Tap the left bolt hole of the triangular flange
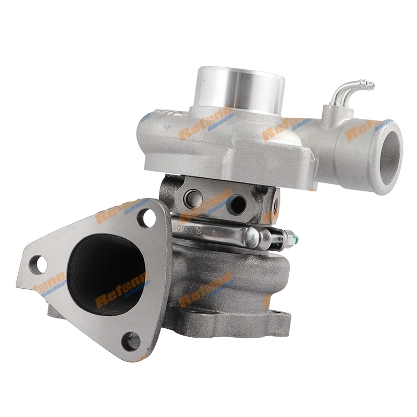tap(38, 264)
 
